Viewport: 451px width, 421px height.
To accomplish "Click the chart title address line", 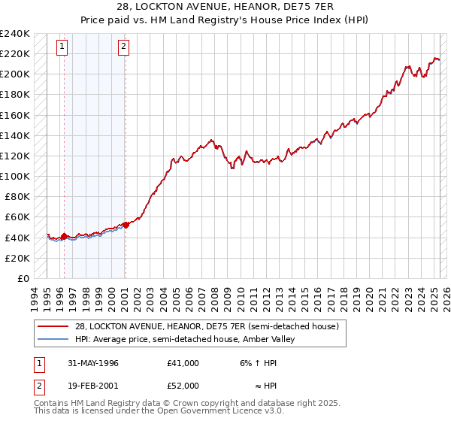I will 225,6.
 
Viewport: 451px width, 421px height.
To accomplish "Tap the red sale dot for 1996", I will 64,236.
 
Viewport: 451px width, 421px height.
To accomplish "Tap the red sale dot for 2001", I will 126,225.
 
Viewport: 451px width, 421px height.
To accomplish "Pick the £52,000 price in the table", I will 183,385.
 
